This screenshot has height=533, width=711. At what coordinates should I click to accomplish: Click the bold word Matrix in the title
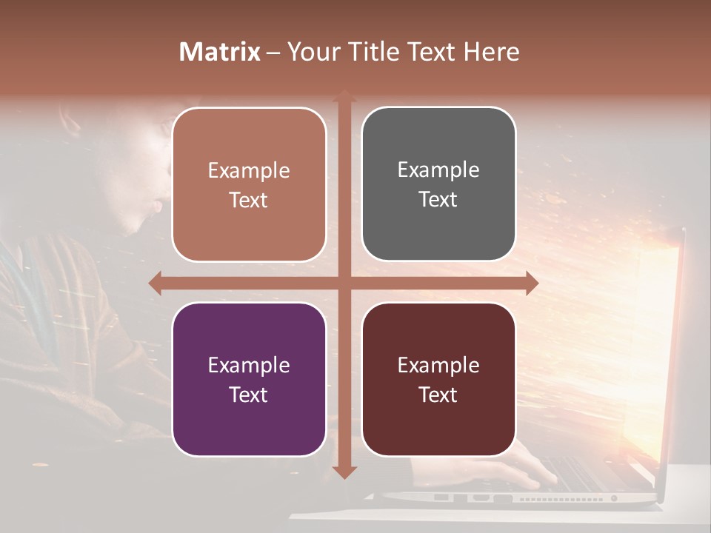(x=220, y=52)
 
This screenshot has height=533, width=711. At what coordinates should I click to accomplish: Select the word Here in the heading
(x=491, y=52)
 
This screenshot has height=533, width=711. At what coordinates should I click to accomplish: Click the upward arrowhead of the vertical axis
(x=344, y=97)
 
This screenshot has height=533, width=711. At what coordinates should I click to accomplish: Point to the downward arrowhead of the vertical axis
(x=344, y=472)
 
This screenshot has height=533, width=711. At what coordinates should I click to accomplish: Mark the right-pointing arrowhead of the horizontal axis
(x=531, y=283)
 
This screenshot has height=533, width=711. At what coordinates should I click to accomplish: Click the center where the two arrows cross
(x=344, y=283)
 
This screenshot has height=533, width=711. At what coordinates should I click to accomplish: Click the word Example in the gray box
(x=438, y=170)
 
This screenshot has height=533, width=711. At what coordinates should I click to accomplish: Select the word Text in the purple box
(x=248, y=395)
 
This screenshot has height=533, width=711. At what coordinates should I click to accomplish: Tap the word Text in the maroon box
(x=438, y=395)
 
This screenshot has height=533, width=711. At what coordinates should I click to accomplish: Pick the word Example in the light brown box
(x=249, y=171)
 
